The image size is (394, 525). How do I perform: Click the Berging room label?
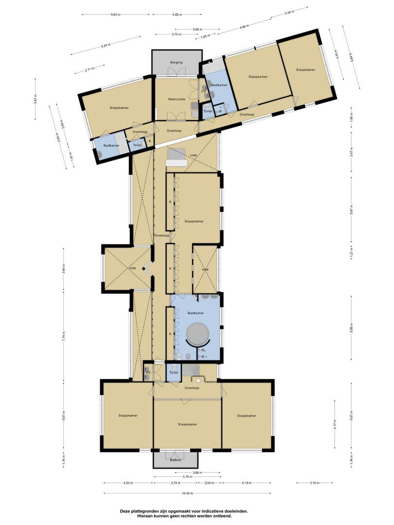pyautogui.click(x=176, y=63)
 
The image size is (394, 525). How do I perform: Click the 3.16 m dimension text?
pyautogui.click(x=314, y=483)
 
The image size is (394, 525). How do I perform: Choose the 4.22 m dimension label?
pyautogui.click(x=178, y=15)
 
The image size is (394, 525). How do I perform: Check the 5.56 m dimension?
pyautogui.click(x=351, y=328)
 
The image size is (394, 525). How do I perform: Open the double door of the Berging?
pyautogui.click(x=176, y=72)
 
